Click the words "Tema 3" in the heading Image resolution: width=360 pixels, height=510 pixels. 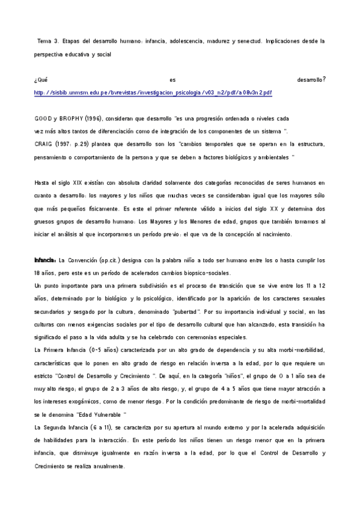tap(48, 41)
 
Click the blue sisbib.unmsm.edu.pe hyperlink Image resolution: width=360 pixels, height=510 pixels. tap(153, 93)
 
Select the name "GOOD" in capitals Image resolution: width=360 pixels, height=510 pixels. tap(43, 119)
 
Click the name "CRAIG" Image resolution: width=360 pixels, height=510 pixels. tap(44, 144)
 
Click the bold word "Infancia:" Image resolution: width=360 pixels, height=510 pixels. tap(45, 260)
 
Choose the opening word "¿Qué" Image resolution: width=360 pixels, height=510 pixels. tap(41, 79)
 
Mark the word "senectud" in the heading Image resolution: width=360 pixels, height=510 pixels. tap(247, 41)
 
